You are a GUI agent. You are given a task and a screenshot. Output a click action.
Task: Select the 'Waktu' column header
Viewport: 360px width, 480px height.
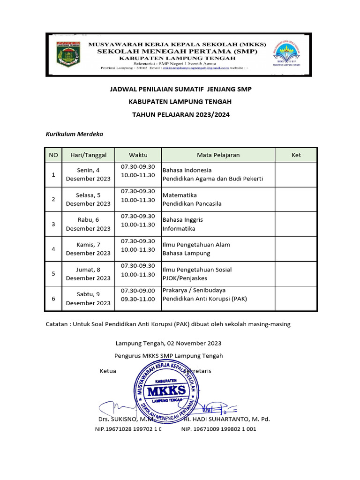[138, 155]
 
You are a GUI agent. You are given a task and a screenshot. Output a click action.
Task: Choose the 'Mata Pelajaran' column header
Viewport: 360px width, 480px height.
[218, 155]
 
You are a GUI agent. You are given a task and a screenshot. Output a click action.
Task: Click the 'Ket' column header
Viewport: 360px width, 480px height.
[296, 155]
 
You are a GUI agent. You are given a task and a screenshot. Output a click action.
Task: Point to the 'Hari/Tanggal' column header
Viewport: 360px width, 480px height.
[88, 155]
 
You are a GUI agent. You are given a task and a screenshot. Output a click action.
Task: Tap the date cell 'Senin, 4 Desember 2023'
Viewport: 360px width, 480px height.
[88, 174]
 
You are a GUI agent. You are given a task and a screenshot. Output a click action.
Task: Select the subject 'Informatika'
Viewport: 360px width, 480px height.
[179, 229]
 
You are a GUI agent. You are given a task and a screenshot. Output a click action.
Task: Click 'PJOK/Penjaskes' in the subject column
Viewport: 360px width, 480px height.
[185, 278]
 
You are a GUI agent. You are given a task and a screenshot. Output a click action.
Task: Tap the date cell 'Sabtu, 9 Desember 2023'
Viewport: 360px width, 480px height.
[88, 299]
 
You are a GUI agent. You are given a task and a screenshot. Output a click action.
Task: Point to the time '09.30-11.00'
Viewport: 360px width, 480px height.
[138, 299]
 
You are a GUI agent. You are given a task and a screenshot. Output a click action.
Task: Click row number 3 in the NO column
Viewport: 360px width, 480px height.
[53, 224]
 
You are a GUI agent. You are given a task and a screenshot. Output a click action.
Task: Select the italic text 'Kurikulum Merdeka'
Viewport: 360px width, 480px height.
[74, 134]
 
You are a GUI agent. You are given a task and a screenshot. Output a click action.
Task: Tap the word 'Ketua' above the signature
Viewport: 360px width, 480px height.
[108, 371]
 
